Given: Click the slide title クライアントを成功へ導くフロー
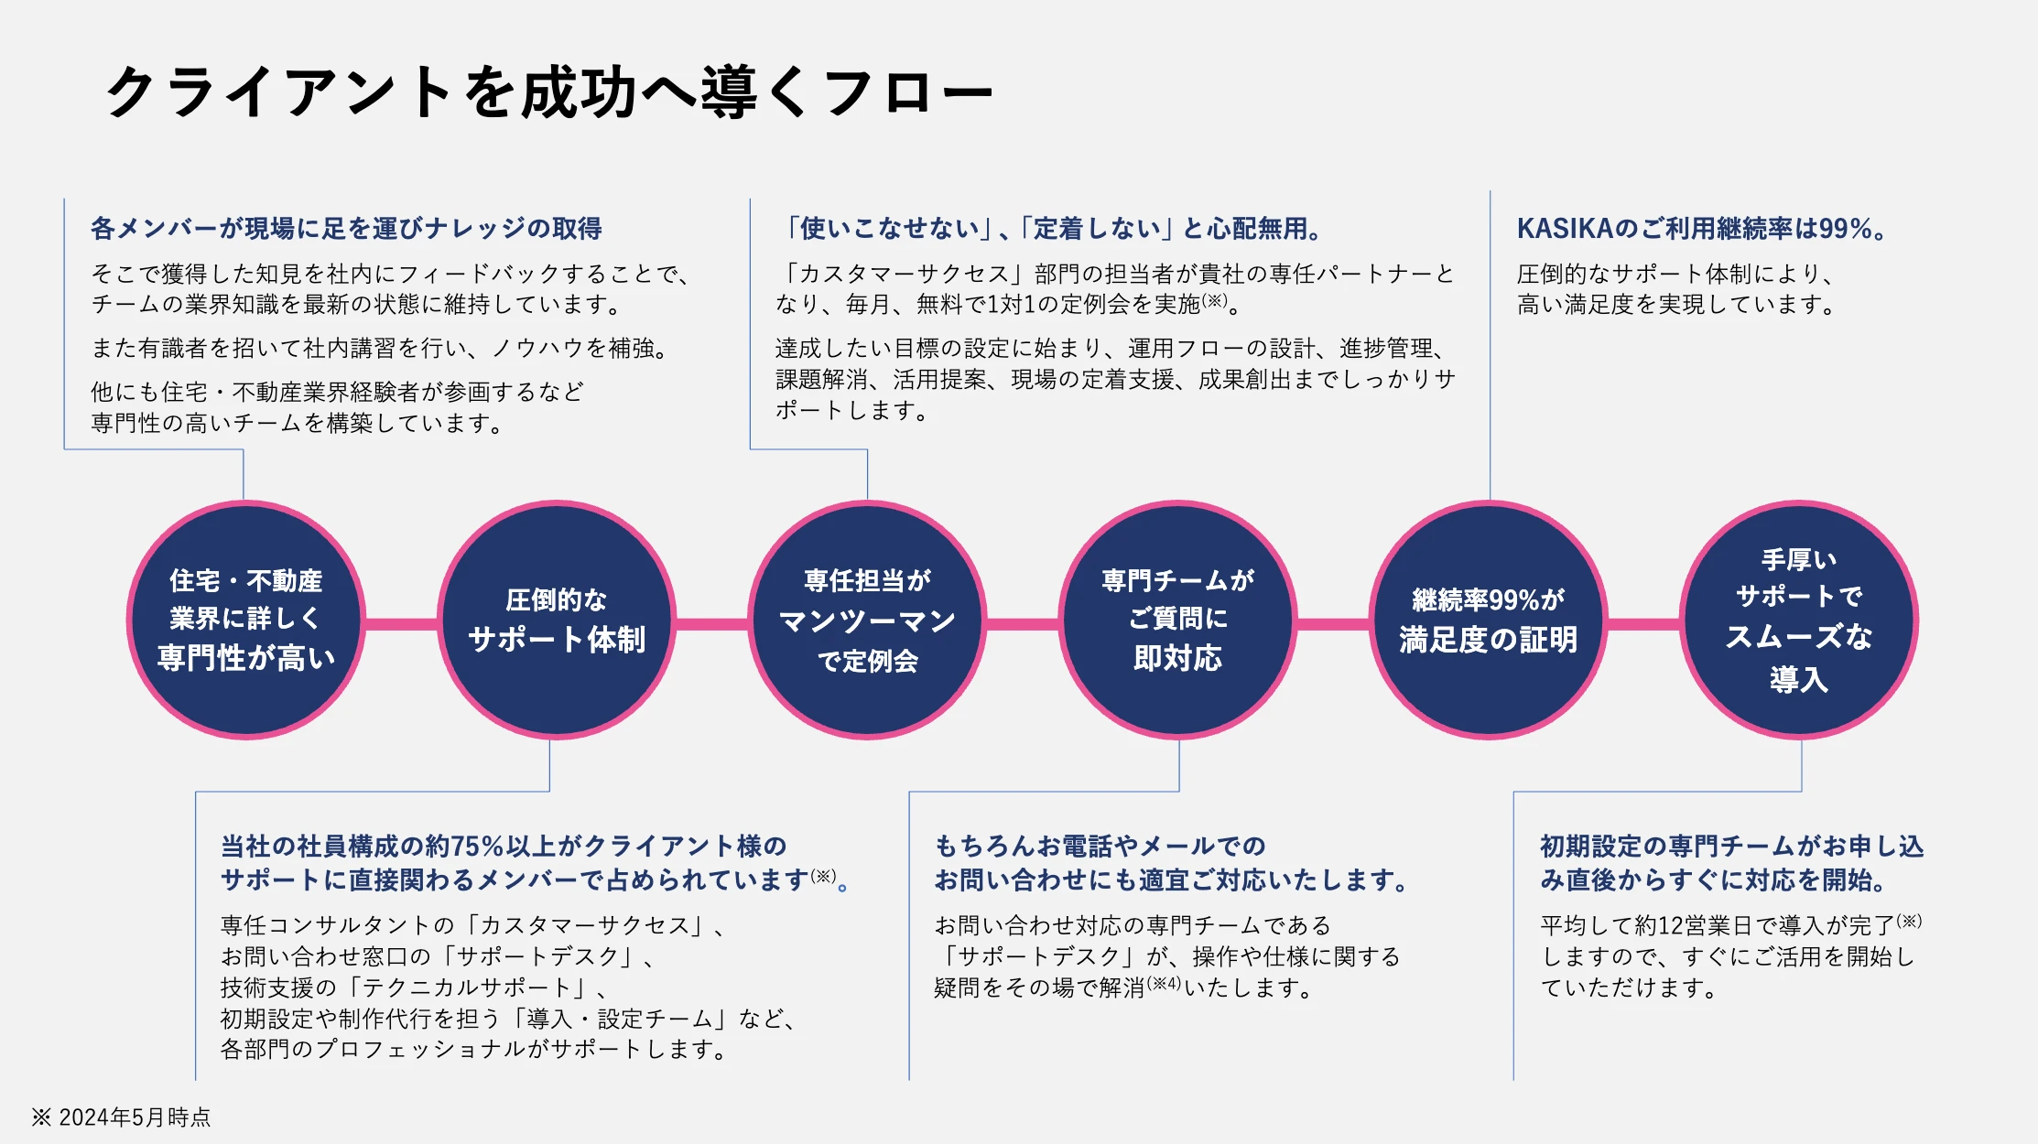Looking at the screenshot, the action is pos(549,92).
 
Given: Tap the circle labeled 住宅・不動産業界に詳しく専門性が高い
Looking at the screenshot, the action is pos(245,620).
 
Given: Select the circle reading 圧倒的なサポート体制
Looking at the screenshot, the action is pos(557,620).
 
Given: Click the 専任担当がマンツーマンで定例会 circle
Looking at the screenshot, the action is pos(867,620).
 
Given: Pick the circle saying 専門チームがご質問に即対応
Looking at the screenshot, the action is pos(1178,620).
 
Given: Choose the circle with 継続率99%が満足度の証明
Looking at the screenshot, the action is pos(1489,620).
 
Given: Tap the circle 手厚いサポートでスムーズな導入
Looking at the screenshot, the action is pos(1799,620).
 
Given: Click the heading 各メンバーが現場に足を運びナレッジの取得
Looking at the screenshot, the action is pos(346,228).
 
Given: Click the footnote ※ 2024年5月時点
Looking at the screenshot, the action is pos(121,1117).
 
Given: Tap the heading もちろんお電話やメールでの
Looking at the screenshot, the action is pos(1100,846).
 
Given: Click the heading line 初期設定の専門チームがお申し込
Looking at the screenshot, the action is pos(1731,846).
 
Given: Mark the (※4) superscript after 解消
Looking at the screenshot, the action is pos(1165,984).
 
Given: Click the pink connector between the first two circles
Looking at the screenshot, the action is pos(401,624).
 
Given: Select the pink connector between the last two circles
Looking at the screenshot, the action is pos(1644,624).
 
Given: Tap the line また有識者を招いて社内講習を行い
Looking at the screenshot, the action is pos(380,348).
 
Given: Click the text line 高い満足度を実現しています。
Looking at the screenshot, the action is pos(1676,304).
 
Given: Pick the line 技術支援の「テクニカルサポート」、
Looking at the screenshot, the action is pos(414,988).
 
